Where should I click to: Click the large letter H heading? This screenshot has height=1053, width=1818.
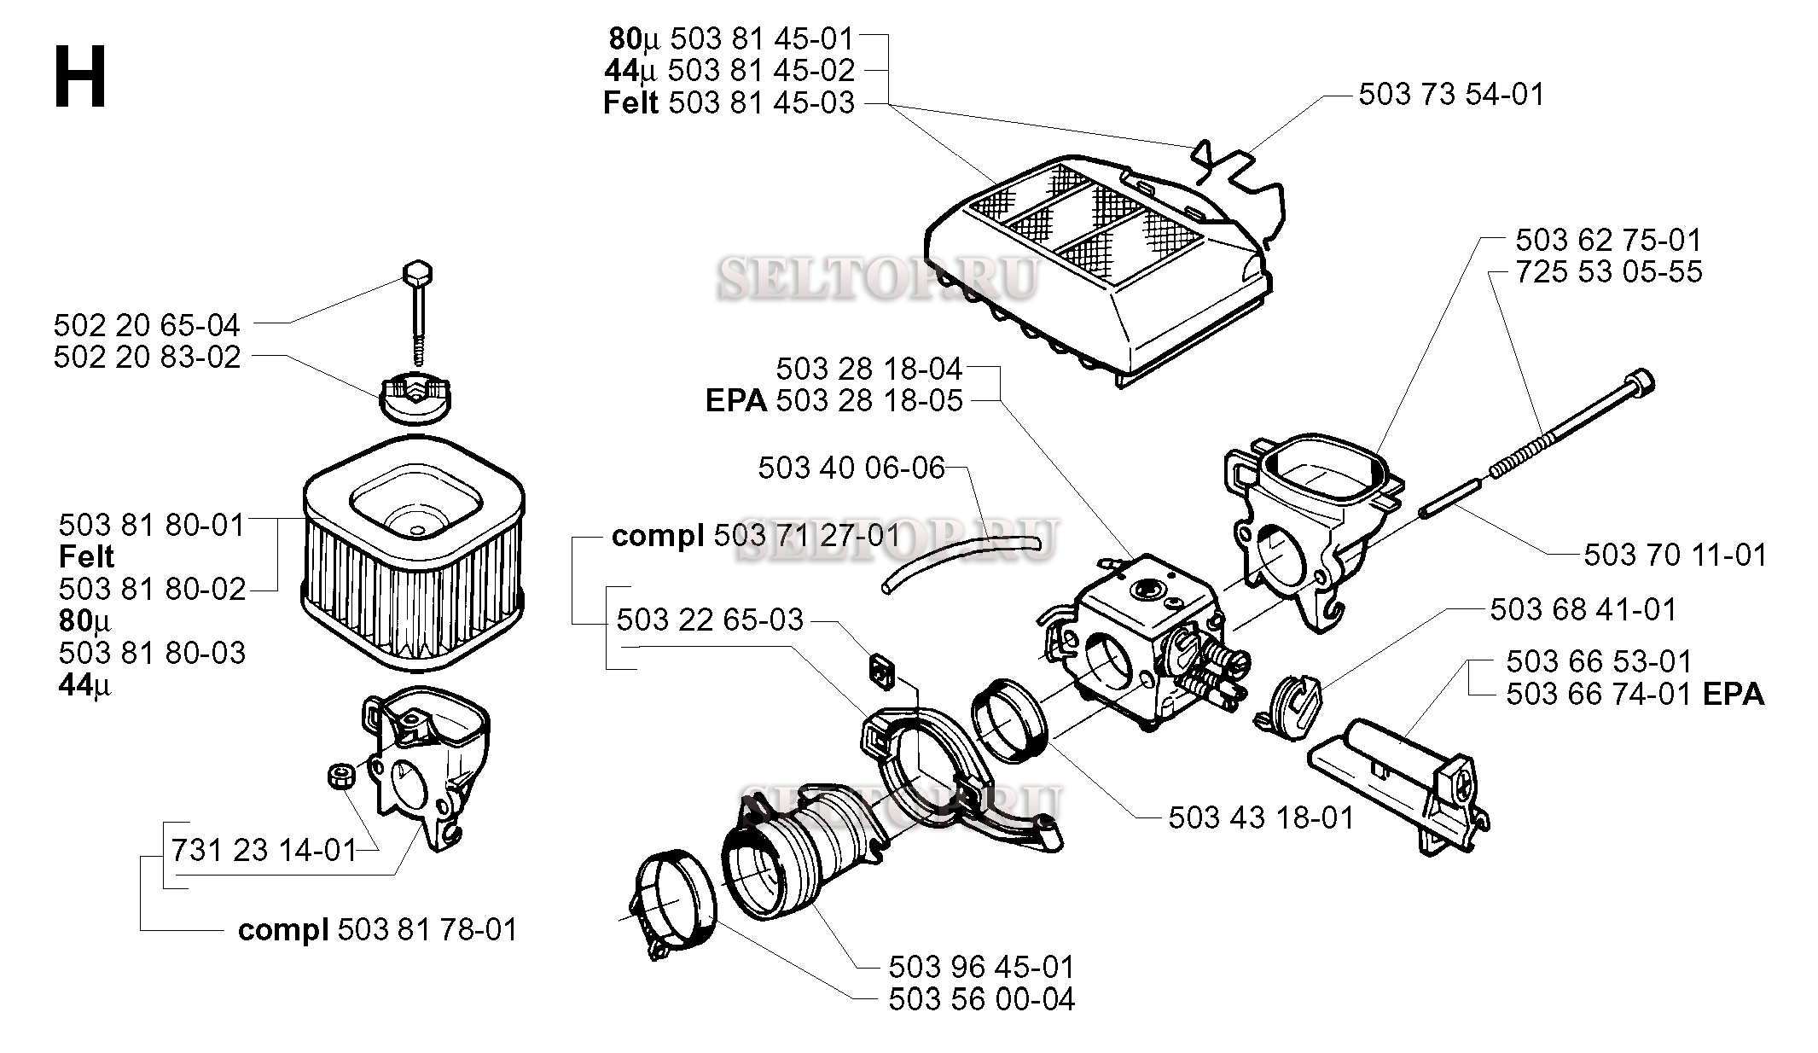tap(80, 78)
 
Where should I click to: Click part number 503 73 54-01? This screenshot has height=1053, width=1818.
tap(1451, 95)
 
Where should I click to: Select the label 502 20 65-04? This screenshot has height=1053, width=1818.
tap(147, 325)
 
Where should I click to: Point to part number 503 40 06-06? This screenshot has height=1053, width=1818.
tap(851, 468)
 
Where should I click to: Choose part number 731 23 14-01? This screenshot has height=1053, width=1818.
tap(264, 850)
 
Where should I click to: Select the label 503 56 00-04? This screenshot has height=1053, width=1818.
tap(981, 999)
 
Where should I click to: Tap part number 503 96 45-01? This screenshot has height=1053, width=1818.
tap(981, 967)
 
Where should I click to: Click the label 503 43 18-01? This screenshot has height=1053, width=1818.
tap(1261, 818)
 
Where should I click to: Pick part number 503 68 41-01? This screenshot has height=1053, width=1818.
tap(1583, 609)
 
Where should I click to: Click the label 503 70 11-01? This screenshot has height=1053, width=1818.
tap(1675, 556)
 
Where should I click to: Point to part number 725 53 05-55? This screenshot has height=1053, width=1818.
tap(1609, 272)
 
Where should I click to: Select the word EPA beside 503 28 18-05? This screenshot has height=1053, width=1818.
tap(736, 401)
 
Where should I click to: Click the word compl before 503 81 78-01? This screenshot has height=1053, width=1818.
tap(283, 929)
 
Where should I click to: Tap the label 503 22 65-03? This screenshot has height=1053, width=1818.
tap(710, 620)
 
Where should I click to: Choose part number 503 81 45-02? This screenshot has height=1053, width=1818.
tap(761, 70)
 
